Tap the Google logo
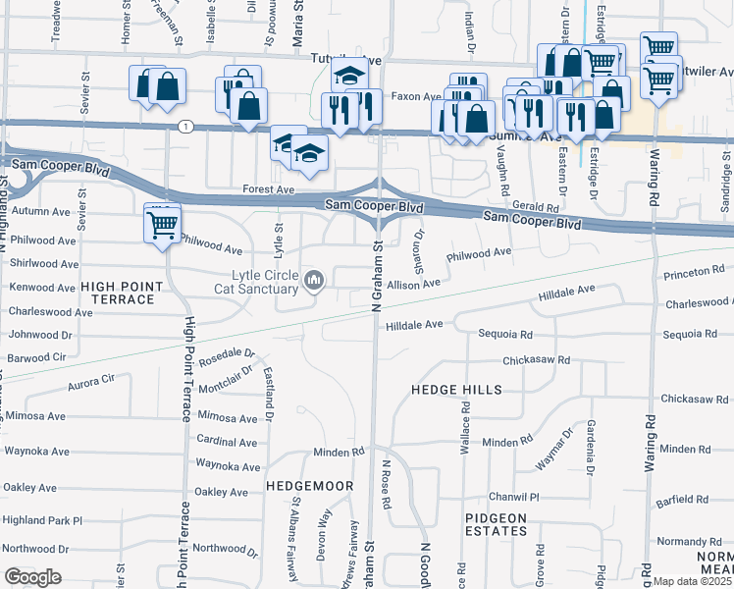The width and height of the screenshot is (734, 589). pyautogui.click(x=32, y=577)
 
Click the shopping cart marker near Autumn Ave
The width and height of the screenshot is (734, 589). pyautogui.click(x=162, y=224)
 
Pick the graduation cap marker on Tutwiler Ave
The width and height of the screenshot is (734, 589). pyautogui.click(x=348, y=75)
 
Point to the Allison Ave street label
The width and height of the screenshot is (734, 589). pyautogui.click(x=414, y=284)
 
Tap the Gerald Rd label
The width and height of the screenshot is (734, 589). pyautogui.click(x=535, y=208)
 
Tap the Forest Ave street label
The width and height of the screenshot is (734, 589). pyautogui.click(x=269, y=189)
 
